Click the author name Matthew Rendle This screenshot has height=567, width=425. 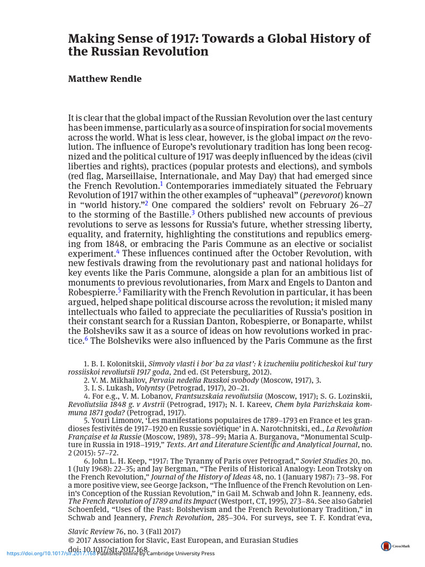(x=105, y=79)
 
